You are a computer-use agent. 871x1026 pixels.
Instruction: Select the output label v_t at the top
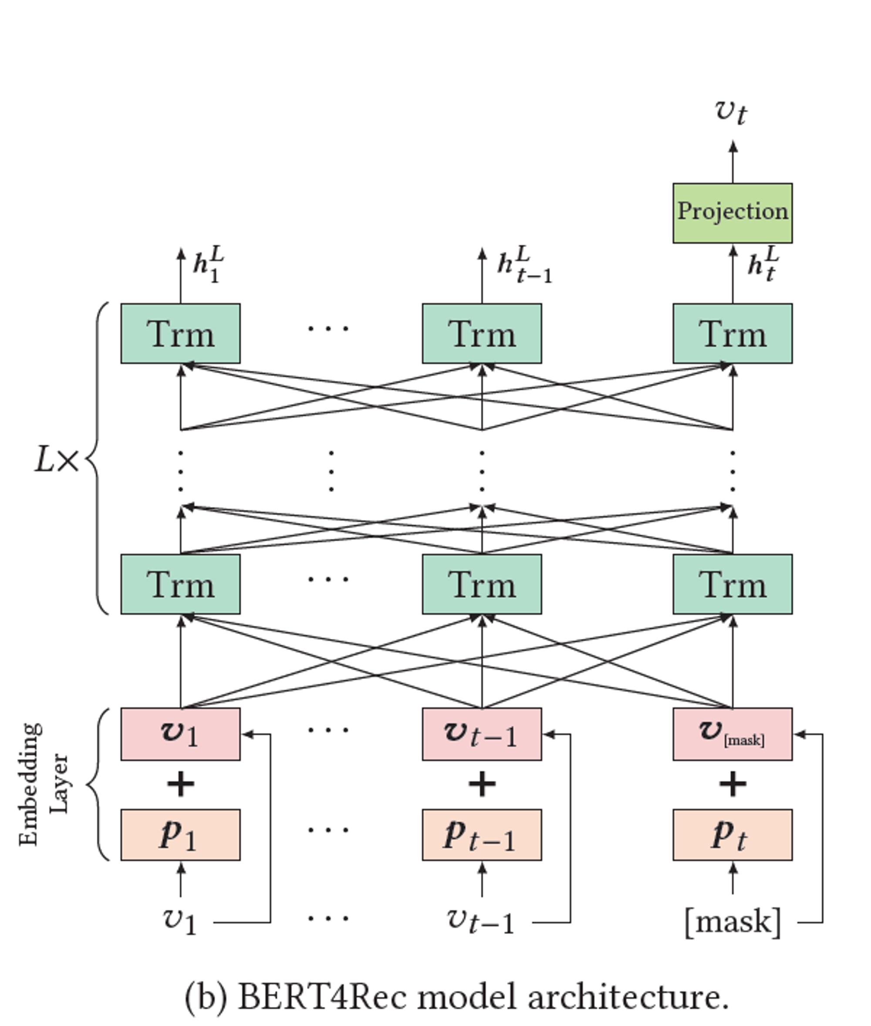(x=731, y=111)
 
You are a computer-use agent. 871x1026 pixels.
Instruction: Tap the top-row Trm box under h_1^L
(x=181, y=334)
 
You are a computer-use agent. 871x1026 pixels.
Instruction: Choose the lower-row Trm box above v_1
(x=181, y=584)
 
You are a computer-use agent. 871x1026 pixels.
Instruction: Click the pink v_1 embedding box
(x=181, y=734)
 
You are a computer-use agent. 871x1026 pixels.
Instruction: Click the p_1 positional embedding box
(x=181, y=835)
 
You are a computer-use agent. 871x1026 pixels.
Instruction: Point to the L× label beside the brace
(x=56, y=461)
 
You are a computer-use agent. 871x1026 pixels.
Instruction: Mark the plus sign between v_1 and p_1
(x=181, y=785)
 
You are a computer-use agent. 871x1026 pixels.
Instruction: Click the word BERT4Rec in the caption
(x=322, y=997)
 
